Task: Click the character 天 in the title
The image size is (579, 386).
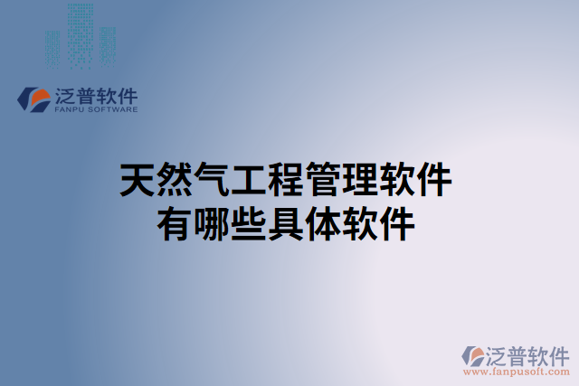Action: point(138,181)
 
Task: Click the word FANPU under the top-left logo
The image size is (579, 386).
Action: point(70,109)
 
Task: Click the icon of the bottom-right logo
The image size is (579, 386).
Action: point(473,355)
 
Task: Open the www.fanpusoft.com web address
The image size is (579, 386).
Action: point(517,371)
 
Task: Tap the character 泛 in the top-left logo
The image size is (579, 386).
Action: point(67,94)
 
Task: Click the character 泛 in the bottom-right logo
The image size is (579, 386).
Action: point(498,353)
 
